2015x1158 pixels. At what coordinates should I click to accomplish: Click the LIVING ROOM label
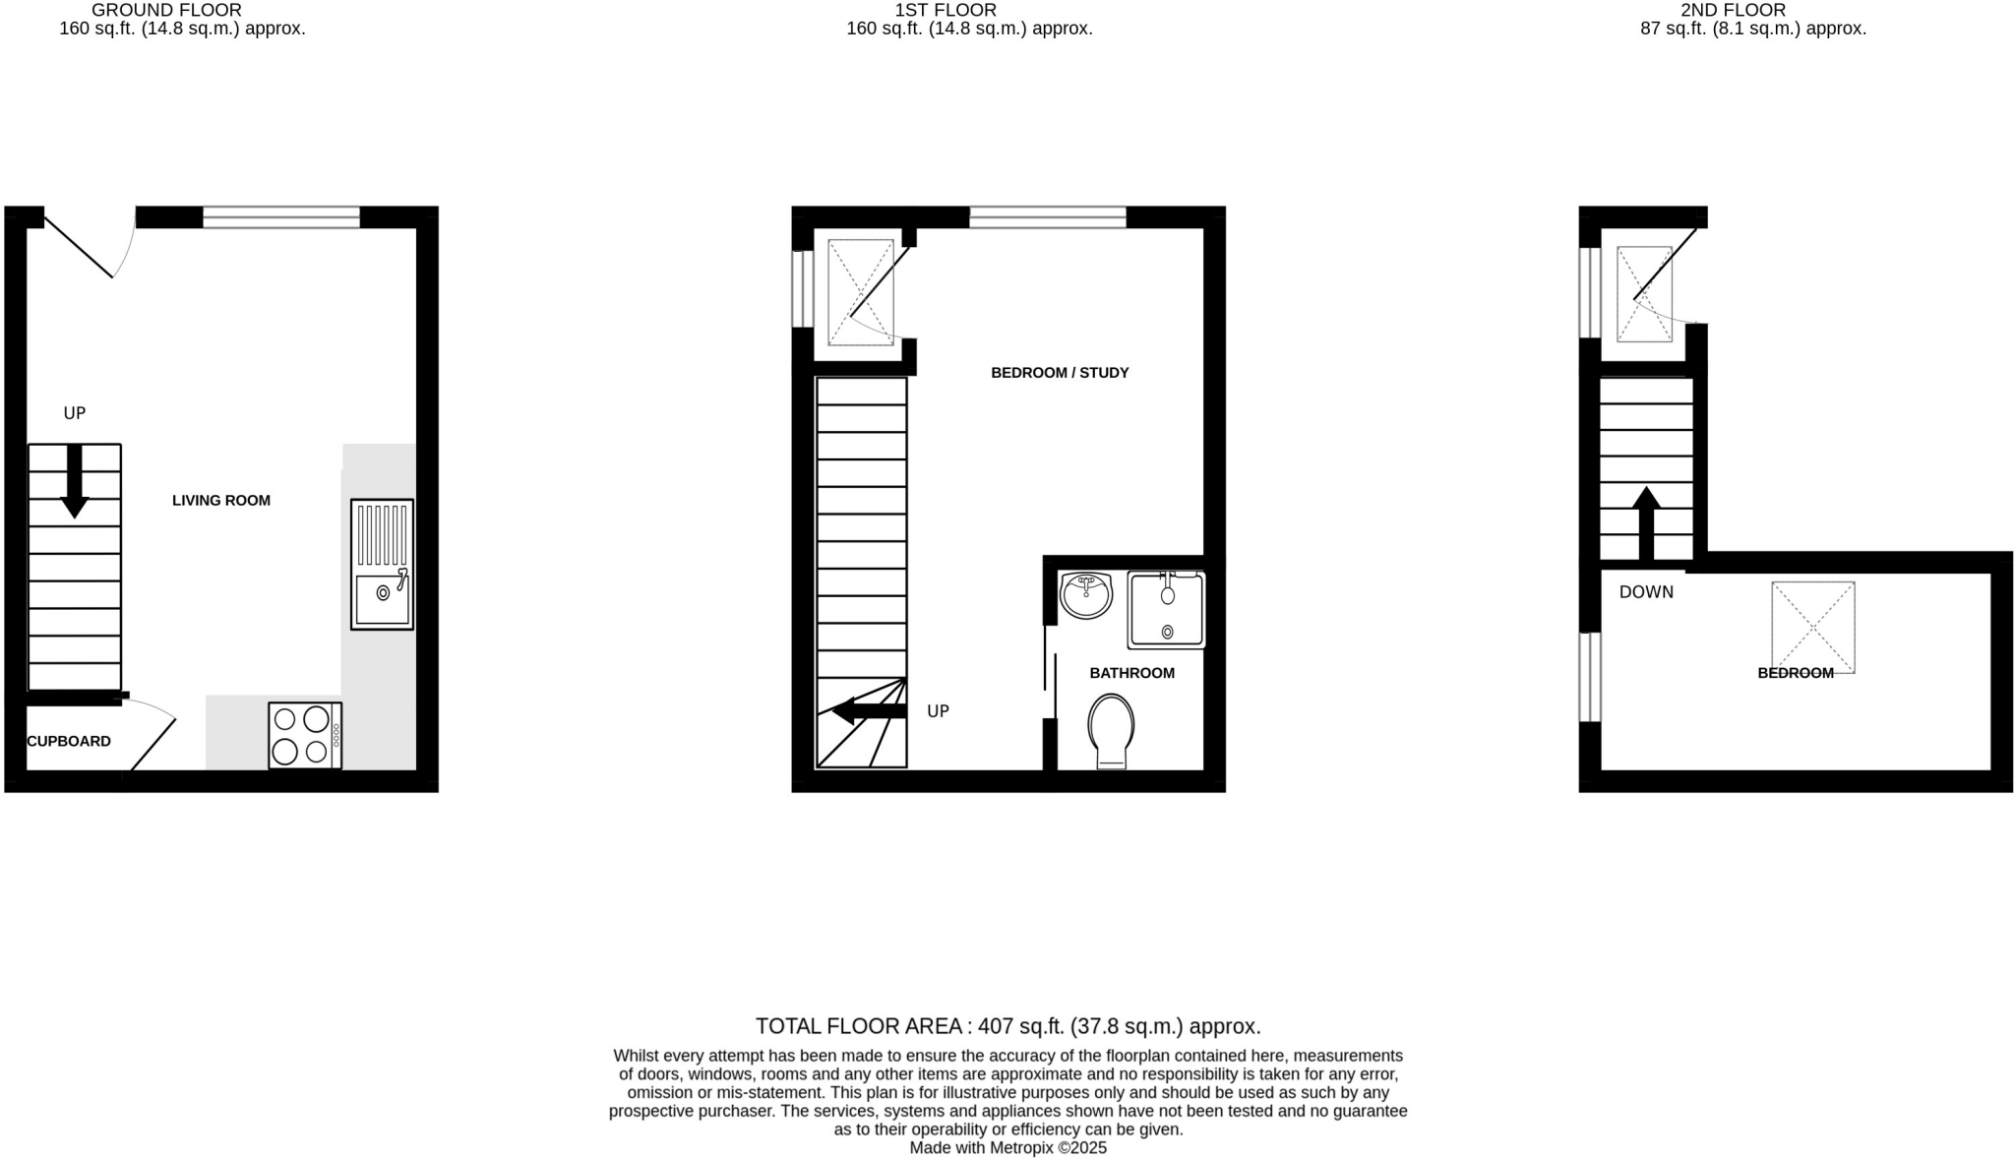pyautogui.click(x=220, y=501)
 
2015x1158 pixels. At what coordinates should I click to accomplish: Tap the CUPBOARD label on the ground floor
pyautogui.click(x=69, y=742)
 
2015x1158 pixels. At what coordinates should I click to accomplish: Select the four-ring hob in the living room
pyautogui.click(x=305, y=735)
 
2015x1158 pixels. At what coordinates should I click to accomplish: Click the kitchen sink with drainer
pyautogui.click(x=382, y=564)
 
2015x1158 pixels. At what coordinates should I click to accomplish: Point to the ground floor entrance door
pyautogui.click(x=84, y=246)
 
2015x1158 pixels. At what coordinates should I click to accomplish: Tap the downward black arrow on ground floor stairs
pyautogui.click(x=75, y=481)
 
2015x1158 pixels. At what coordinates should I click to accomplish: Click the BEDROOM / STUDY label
pyautogui.click(x=1059, y=373)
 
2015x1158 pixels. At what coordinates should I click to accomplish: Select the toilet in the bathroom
pyautogui.click(x=1111, y=731)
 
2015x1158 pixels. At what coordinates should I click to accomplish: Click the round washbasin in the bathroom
pyautogui.click(x=1086, y=595)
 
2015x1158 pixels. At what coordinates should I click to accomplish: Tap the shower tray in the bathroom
pyautogui.click(x=1167, y=610)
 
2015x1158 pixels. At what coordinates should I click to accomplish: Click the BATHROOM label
pyautogui.click(x=1131, y=674)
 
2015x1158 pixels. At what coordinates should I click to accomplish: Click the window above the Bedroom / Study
pyautogui.click(x=1047, y=217)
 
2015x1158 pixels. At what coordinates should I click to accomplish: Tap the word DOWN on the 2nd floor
pyautogui.click(x=1646, y=592)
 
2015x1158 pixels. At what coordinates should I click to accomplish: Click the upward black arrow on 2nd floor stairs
pyautogui.click(x=1646, y=522)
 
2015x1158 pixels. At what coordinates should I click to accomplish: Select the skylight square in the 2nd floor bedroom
pyautogui.click(x=1812, y=627)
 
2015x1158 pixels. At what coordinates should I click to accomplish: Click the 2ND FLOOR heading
pyautogui.click(x=1752, y=10)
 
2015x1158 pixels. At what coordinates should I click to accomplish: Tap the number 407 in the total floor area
pyautogui.click(x=996, y=1027)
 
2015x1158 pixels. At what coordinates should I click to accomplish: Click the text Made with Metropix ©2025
pyautogui.click(x=1007, y=1148)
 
